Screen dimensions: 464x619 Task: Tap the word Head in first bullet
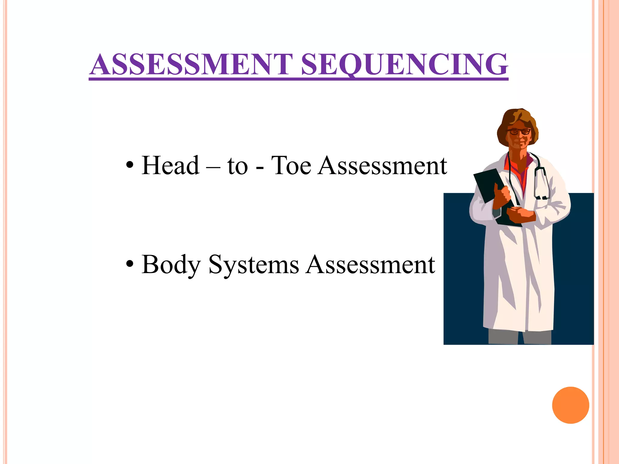coord(170,166)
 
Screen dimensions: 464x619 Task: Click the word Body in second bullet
coord(171,265)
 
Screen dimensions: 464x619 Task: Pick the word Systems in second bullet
coord(254,265)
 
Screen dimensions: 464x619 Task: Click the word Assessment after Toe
coord(382,166)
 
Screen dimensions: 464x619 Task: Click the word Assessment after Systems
coord(370,265)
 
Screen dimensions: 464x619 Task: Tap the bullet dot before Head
coord(130,166)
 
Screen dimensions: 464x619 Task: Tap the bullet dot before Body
coord(130,265)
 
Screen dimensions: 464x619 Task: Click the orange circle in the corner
coord(570,405)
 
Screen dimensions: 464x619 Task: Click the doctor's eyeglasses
coord(519,132)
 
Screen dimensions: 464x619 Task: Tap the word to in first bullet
coord(237,166)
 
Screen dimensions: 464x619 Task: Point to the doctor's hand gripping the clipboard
coord(502,196)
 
